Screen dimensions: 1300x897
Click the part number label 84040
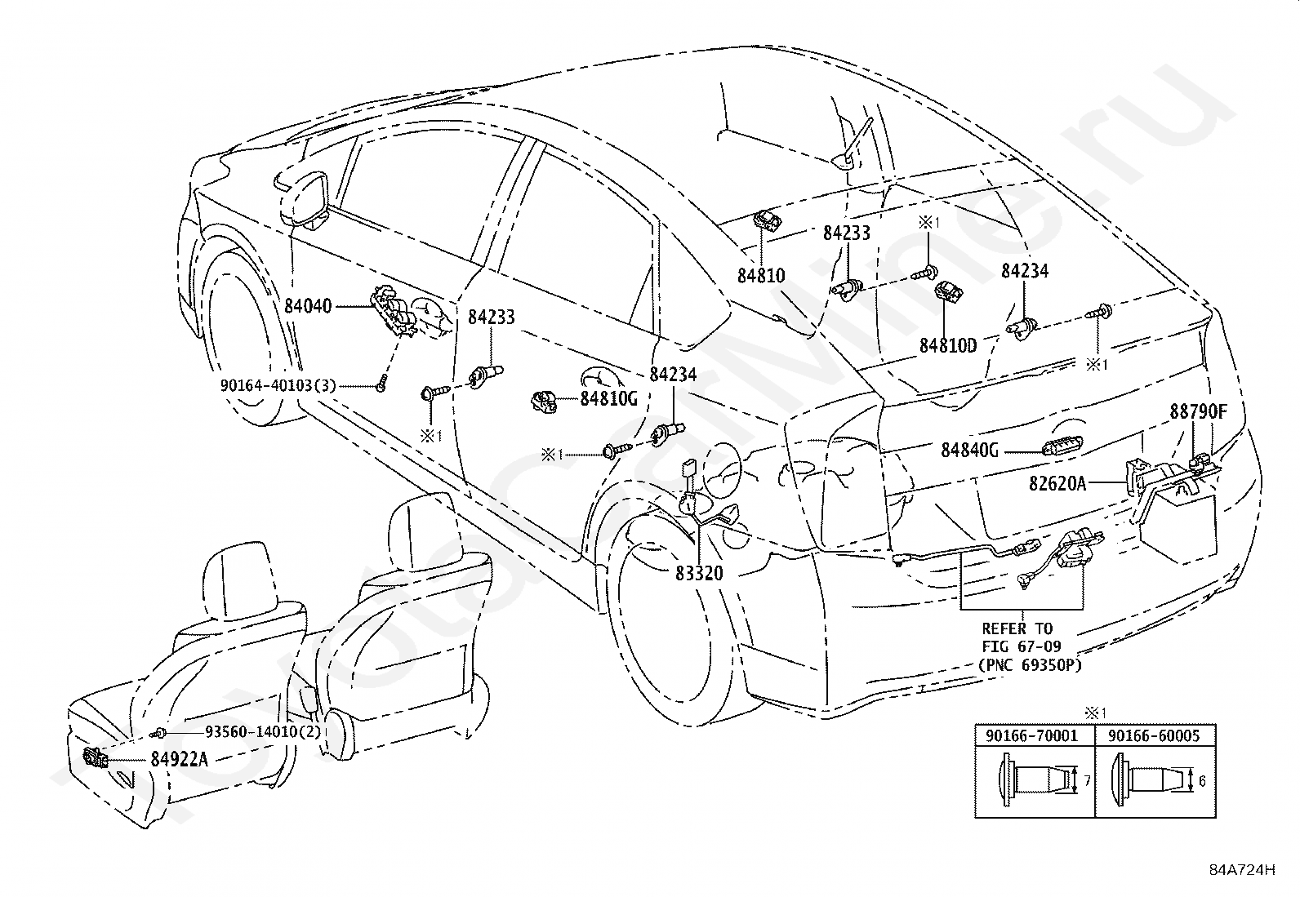click(x=308, y=306)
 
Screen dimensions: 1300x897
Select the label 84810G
click(x=609, y=398)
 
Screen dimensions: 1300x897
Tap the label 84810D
click(x=948, y=346)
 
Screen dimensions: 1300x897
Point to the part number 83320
click(x=699, y=573)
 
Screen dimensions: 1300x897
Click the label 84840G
click(x=970, y=451)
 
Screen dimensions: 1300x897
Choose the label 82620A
click(x=1057, y=483)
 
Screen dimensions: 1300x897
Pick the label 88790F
click(x=1199, y=411)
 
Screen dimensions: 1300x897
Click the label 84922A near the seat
click(x=180, y=759)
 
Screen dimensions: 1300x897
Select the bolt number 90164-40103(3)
click(x=278, y=385)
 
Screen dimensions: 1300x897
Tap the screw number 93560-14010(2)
click(x=263, y=731)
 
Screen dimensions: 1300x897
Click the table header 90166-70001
click(x=1032, y=735)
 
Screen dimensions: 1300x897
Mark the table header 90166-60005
click(x=1154, y=735)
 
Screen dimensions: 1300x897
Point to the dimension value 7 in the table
click(x=1087, y=781)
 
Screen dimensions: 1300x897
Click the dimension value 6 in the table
click(x=1202, y=781)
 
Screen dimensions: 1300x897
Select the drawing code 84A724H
click(x=1242, y=886)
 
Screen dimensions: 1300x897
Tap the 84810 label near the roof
click(x=761, y=276)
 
